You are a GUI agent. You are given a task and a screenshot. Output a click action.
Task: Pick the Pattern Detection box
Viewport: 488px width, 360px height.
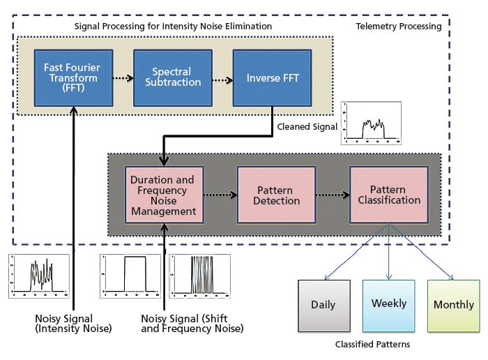(x=269, y=195)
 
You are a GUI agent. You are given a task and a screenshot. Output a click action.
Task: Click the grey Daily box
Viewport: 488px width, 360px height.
(x=322, y=305)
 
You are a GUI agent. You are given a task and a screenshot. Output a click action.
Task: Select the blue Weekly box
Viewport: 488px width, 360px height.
(x=388, y=305)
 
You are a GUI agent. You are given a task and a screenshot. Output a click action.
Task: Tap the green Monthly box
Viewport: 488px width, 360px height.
(x=453, y=305)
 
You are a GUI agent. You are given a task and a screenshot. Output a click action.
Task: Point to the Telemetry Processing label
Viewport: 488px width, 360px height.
(x=398, y=27)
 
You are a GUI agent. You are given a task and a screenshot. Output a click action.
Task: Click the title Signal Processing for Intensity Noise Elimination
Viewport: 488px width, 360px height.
(x=173, y=27)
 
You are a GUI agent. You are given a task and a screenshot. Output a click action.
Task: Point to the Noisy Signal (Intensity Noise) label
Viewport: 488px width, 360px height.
(x=73, y=324)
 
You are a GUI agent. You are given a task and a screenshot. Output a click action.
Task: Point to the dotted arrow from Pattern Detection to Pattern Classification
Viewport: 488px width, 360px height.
(x=324, y=195)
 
